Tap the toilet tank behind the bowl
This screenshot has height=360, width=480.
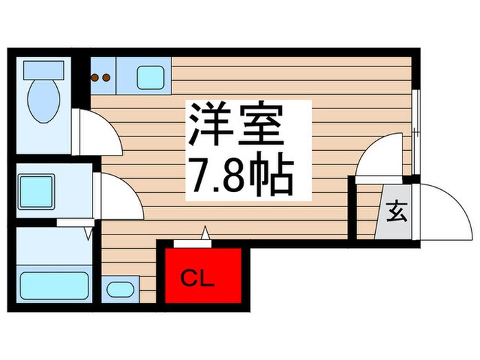coord(43,69)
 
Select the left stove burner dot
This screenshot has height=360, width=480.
coord(95,77)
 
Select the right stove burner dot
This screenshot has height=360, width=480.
coord(106,77)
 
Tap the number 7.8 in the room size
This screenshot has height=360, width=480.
coord(219,177)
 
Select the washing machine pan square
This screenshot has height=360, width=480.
coord(36,190)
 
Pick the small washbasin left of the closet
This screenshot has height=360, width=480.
coord(121,289)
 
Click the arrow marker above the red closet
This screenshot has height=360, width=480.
coord(204,235)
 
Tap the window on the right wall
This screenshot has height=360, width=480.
coord(416,120)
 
